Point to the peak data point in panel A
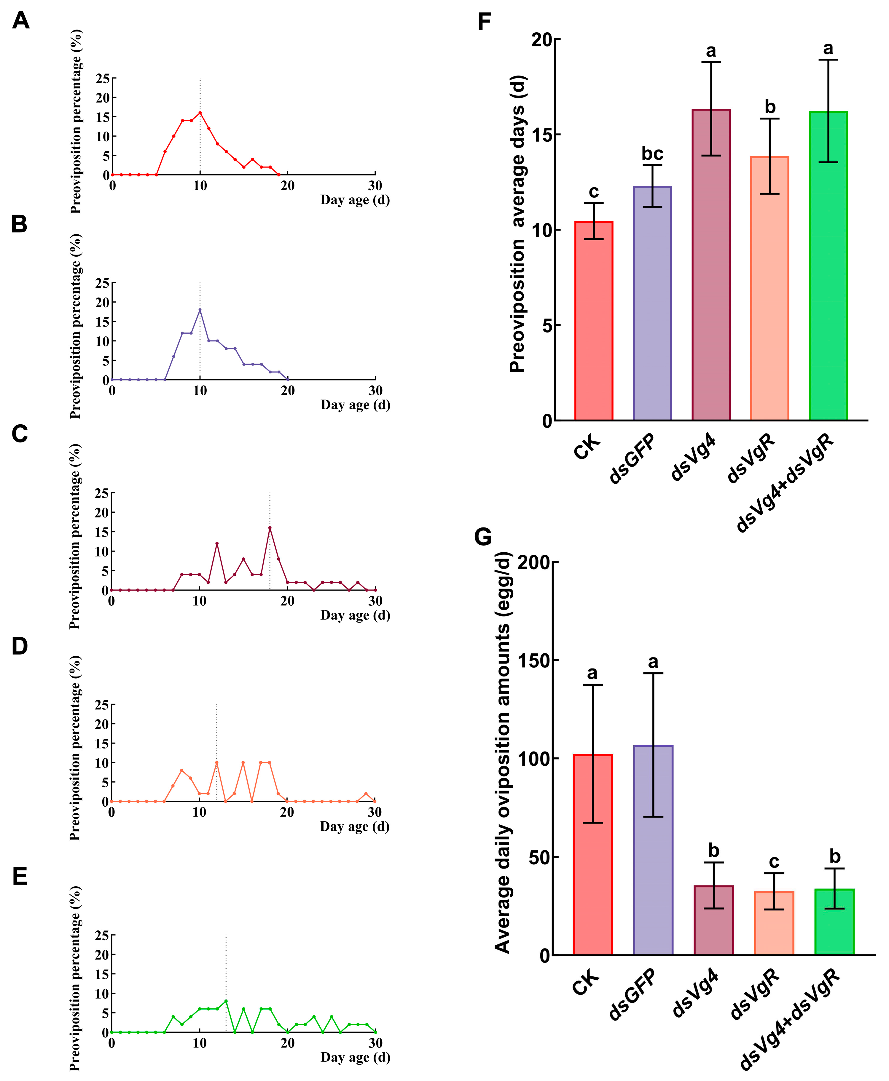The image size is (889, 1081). (x=200, y=113)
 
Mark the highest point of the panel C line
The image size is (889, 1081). (x=270, y=528)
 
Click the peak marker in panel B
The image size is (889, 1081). (x=200, y=310)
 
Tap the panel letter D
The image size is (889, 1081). (x=20, y=647)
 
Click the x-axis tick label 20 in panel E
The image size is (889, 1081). (x=287, y=1042)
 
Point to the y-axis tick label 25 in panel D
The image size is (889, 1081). (x=102, y=705)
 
